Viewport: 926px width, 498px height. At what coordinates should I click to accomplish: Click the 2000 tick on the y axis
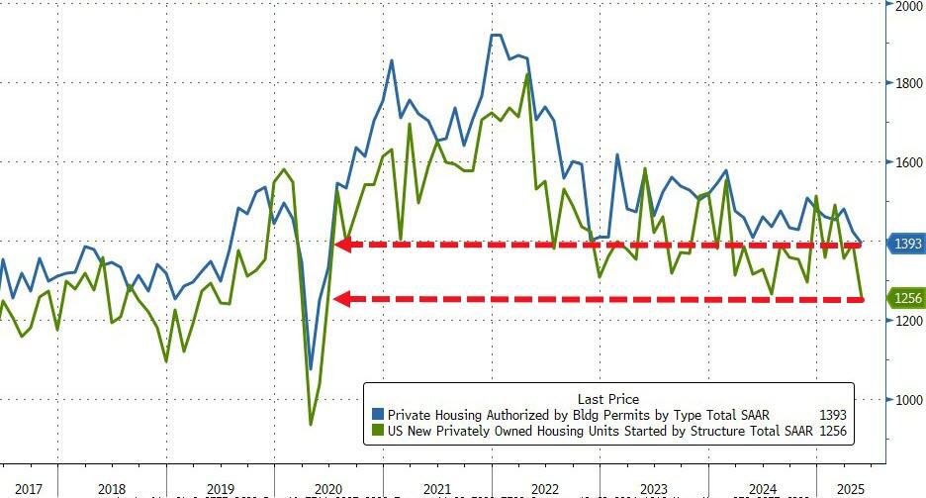pyautogui.click(x=907, y=6)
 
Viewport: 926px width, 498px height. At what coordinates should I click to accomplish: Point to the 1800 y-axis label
pyautogui.click(x=907, y=83)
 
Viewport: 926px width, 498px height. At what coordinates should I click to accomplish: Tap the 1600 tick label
pyautogui.click(x=907, y=162)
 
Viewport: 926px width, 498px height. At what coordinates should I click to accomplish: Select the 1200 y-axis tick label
pyautogui.click(x=907, y=321)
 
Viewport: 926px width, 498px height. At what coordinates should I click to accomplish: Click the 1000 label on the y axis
pyautogui.click(x=907, y=400)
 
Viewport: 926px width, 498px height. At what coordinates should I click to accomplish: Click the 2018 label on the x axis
pyautogui.click(x=112, y=489)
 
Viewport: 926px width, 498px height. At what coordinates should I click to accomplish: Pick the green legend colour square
pyautogui.click(x=378, y=432)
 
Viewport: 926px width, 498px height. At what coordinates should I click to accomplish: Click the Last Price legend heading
pyautogui.click(x=607, y=399)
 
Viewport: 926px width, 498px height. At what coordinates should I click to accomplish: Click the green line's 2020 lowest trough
pyautogui.click(x=311, y=424)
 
